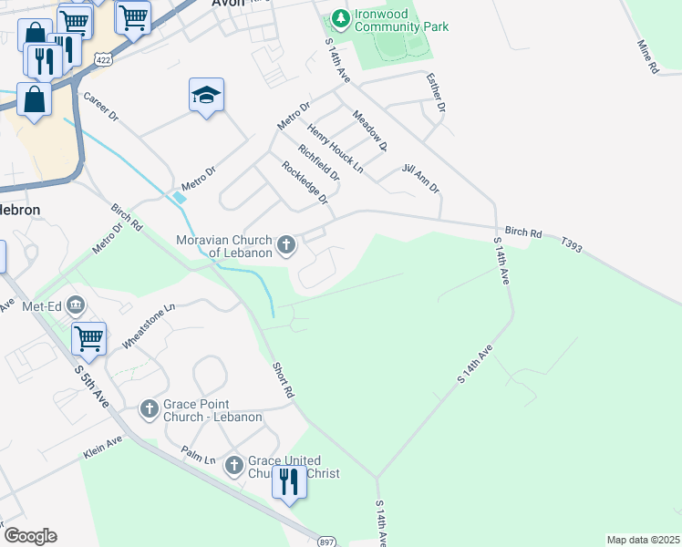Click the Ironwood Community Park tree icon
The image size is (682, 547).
(340, 17)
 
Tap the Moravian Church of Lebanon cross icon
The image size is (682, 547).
(286, 243)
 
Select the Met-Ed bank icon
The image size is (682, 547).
(76, 304)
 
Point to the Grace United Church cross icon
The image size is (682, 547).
(233, 466)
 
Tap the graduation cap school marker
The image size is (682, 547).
(207, 95)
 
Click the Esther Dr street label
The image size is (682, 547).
(435, 94)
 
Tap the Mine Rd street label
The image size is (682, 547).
(647, 57)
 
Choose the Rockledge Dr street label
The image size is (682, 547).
(304, 182)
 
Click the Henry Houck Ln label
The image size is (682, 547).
(335, 148)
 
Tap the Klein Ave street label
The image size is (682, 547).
(101, 445)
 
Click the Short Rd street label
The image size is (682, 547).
(283, 380)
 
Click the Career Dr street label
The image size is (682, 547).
(100, 108)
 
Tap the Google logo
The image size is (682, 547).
(30, 536)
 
